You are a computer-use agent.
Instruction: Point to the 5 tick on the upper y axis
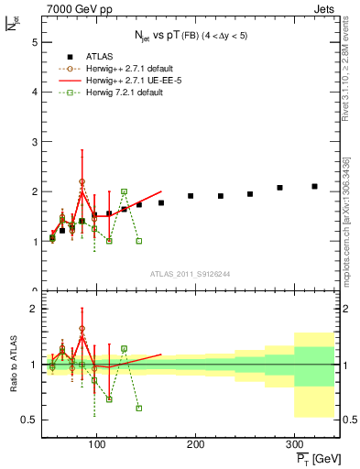(x=33, y=42)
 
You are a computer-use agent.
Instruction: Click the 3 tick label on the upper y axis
(x=33, y=142)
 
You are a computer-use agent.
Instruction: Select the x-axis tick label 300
(x=294, y=444)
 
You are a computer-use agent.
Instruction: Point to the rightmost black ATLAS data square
(x=314, y=186)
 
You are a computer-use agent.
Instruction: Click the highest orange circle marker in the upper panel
(x=82, y=182)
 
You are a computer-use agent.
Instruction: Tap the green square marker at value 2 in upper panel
(x=124, y=191)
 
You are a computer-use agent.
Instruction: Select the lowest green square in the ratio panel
(x=138, y=409)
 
